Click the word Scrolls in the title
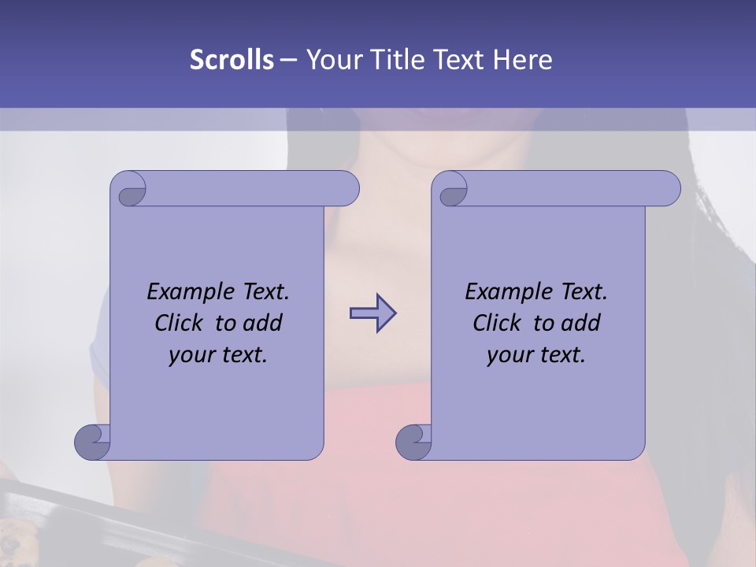pos(232,60)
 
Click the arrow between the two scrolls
pos(372,313)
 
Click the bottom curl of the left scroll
pos(93,442)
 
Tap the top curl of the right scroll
pos(451,190)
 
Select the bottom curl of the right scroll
pos(414,442)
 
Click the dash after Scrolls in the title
pos(287,60)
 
